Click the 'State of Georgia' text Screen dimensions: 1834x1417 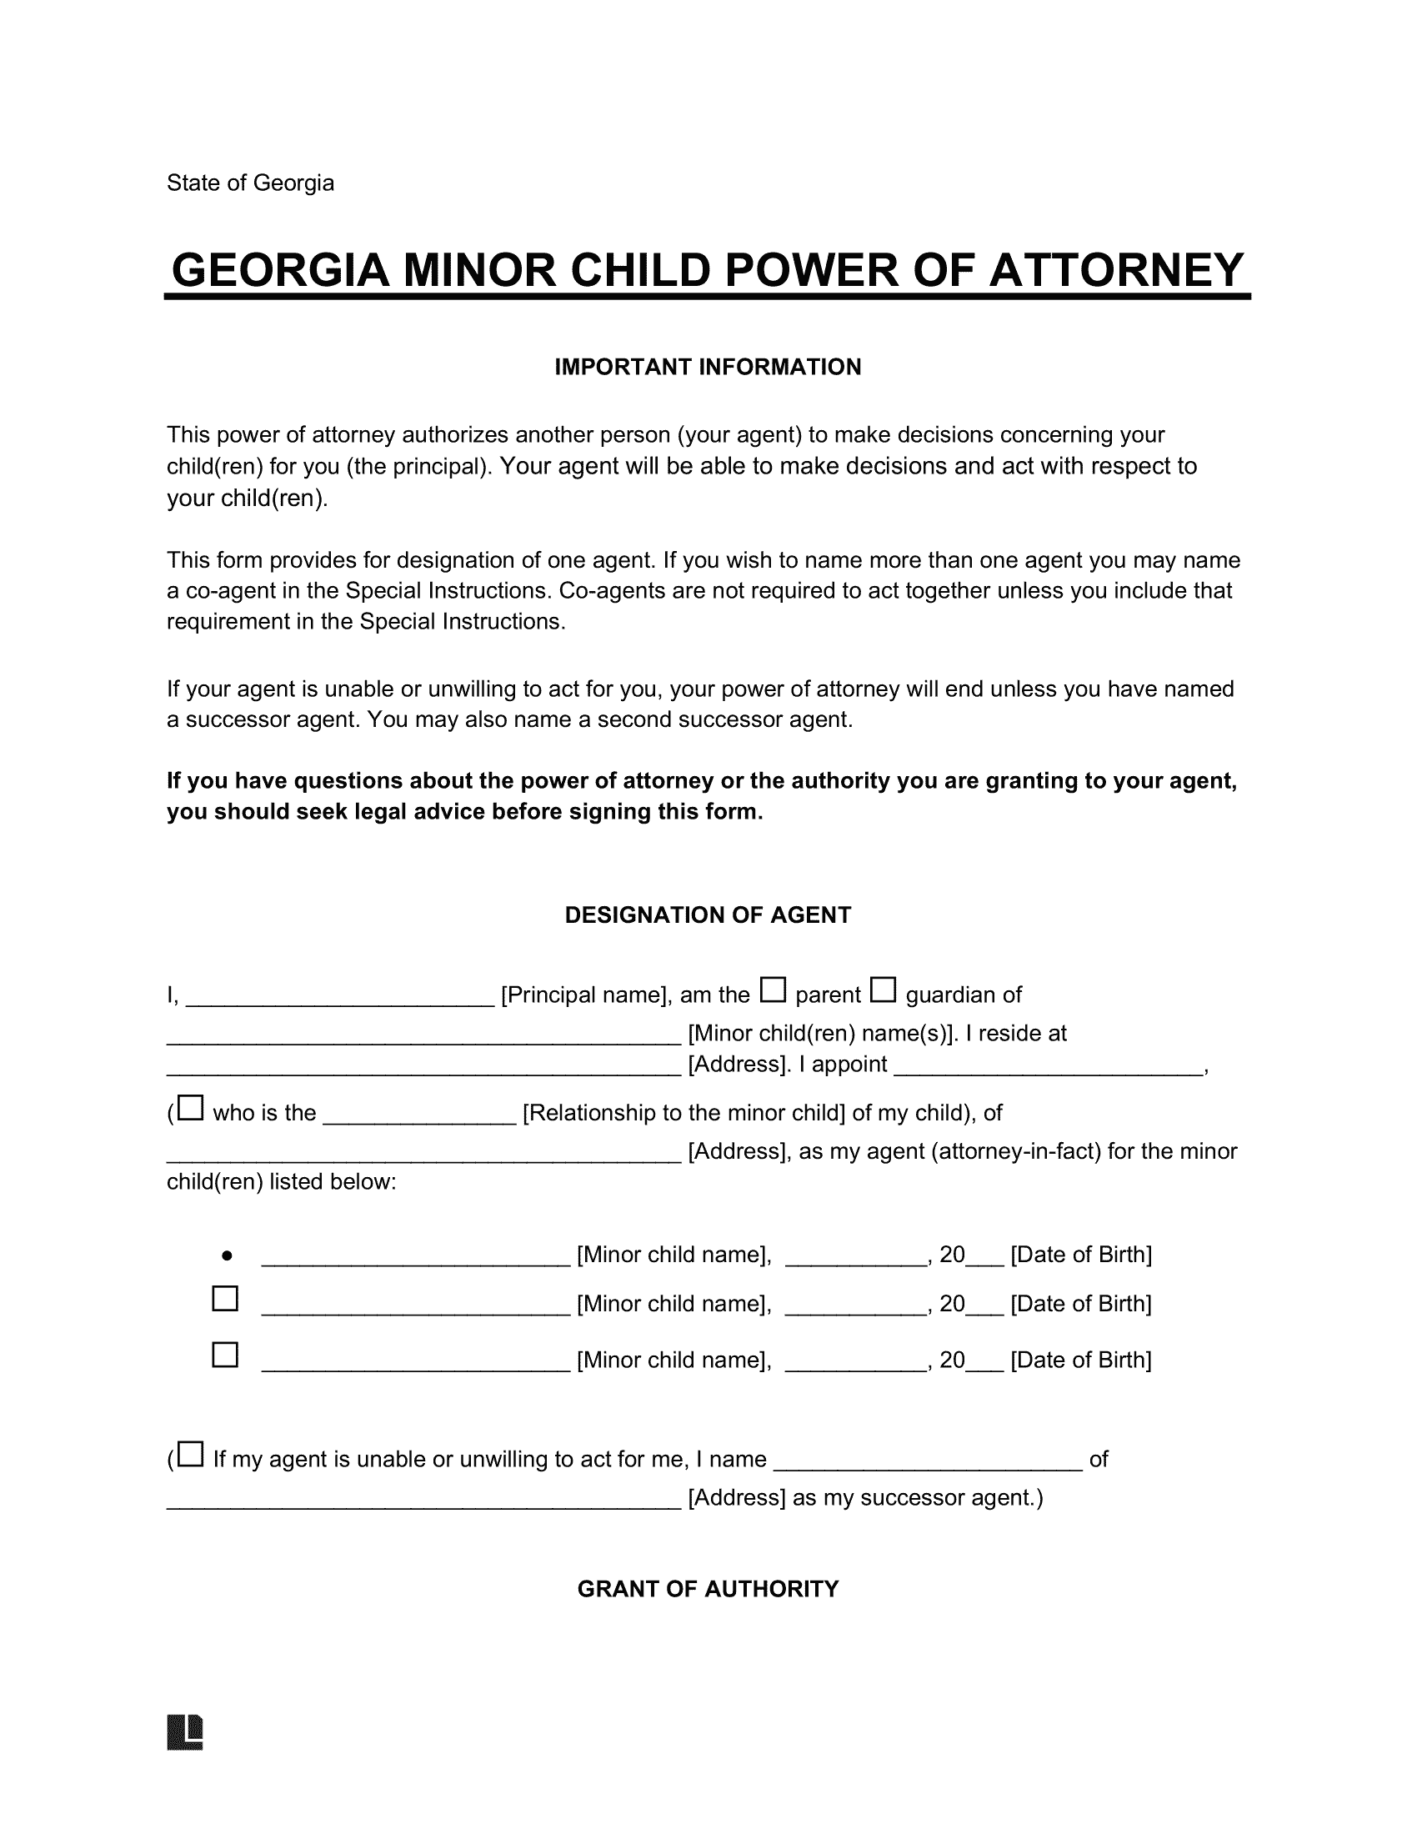pos(250,183)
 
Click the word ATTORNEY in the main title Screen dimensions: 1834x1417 pos(1115,270)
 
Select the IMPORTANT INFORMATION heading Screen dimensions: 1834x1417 pos(708,367)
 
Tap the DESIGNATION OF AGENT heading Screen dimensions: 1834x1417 pos(708,914)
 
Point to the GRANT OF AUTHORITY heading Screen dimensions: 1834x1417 pos(708,1588)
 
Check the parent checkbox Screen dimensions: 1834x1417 pos(773,990)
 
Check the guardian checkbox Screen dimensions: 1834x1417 pos(882,990)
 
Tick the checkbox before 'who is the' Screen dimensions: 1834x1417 pos(191,1109)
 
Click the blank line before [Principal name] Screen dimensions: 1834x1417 pos(339,997)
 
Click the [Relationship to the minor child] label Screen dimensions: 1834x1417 pos(683,1113)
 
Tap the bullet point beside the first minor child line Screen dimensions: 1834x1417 pos(227,1256)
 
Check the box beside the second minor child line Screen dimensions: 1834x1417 pos(225,1299)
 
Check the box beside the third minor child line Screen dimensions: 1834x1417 pos(225,1355)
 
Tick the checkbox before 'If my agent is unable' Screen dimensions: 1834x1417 pos(191,1455)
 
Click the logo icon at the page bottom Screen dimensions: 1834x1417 pos(186,1731)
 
